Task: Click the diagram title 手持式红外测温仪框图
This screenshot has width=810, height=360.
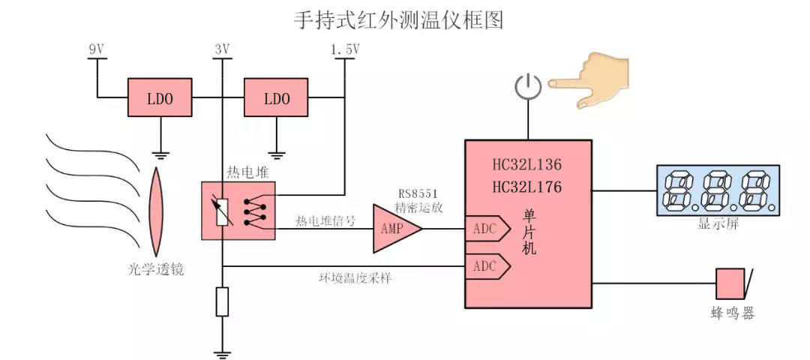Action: [x=397, y=20]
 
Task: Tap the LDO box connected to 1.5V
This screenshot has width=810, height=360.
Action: [x=277, y=98]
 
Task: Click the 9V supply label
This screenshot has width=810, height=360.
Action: [x=97, y=49]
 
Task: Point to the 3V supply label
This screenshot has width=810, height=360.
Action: [x=221, y=49]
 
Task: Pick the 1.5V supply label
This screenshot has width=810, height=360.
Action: [x=345, y=49]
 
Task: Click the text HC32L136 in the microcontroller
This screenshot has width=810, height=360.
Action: [x=527, y=164]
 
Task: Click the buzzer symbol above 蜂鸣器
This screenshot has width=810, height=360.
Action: [x=732, y=285]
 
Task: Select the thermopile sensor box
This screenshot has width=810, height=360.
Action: [x=238, y=211]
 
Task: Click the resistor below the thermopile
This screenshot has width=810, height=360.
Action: [x=222, y=301]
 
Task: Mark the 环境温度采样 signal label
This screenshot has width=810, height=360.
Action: [x=355, y=277]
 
